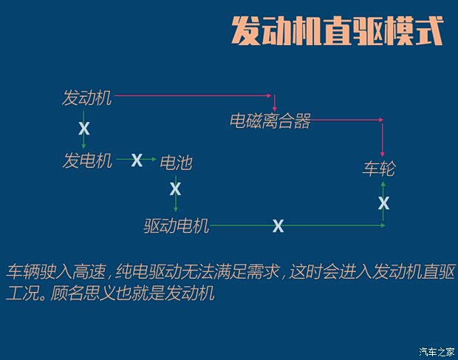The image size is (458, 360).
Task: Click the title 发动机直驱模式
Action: [x=337, y=32]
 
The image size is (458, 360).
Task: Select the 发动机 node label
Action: [x=87, y=98]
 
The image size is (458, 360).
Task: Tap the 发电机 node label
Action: [x=87, y=160]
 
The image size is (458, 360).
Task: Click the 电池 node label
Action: [x=176, y=162]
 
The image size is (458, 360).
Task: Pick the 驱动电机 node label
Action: [x=177, y=225]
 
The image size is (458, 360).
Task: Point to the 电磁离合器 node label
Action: [x=270, y=121]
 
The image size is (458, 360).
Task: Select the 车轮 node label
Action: [x=379, y=169]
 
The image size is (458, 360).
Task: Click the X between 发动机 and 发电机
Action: [x=84, y=129]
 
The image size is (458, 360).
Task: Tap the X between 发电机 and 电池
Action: [x=137, y=160]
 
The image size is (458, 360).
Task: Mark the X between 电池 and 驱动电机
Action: [x=175, y=189]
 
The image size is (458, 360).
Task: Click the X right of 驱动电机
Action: [x=278, y=225]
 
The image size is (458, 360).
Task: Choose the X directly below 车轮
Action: [x=383, y=202]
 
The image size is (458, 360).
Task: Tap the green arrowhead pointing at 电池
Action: [x=154, y=159]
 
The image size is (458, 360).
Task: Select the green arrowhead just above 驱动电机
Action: [x=175, y=210]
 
